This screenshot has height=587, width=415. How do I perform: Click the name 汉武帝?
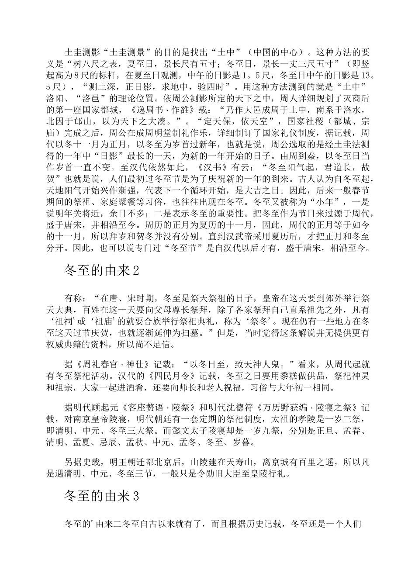pyautogui.click(x=239, y=238)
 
